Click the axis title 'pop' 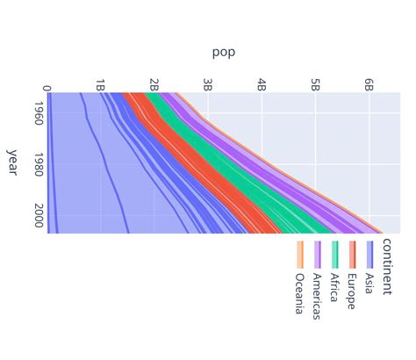[x=223, y=52]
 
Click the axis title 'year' [x=12, y=162]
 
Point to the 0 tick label [x=47, y=87]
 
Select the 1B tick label [x=100, y=85]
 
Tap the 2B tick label [x=154, y=85]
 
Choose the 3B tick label [x=207, y=85]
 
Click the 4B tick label [x=262, y=85]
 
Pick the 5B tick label [x=315, y=85]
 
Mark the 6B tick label [x=369, y=85]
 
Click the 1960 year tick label [x=39, y=112]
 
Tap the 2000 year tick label [x=39, y=215]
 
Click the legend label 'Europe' [x=352, y=291]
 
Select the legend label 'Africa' [x=334, y=288]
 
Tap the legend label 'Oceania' [x=300, y=294]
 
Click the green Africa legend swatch [x=334, y=254]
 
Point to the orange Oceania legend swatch [x=300, y=254]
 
